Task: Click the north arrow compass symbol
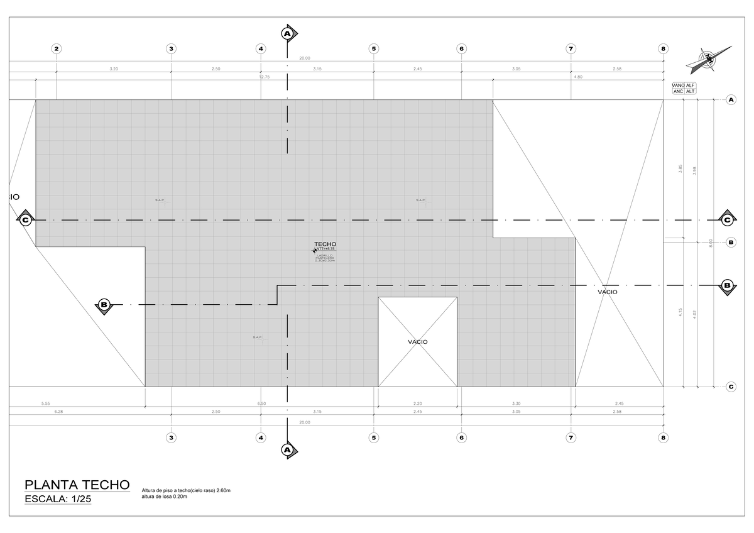[x=709, y=58]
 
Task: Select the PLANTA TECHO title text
[x=77, y=485]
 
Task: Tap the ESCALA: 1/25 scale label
[x=58, y=500]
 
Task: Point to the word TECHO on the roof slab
[x=325, y=244]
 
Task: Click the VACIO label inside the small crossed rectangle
[x=417, y=341]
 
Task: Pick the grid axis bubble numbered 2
[x=57, y=48]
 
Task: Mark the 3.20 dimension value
[x=113, y=68]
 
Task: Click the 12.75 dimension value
[x=265, y=77]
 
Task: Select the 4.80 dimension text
[x=578, y=77]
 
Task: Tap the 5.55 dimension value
[x=45, y=403]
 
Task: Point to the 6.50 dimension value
[x=261, y=403]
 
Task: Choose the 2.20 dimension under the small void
[x=417, y=403]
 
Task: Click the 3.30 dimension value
[x=516, y=403]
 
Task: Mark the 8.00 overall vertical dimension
[x=711, y=243]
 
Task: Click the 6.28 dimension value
[x=60, y=412]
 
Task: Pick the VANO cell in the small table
[x=678, y=85]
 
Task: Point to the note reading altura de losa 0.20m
[x=165, y=497]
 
